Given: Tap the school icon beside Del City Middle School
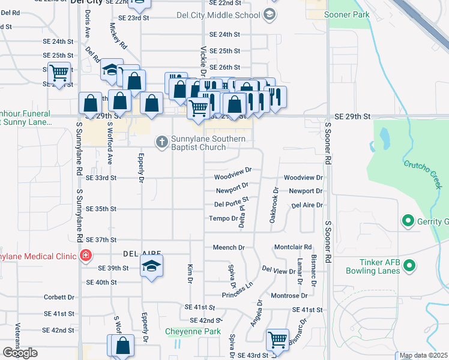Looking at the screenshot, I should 270,14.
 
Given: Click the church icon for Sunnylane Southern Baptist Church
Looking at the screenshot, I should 161,142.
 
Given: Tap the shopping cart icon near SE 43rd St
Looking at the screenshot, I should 277,340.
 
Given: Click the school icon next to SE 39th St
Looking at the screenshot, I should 152,266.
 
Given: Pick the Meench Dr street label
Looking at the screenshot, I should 229,247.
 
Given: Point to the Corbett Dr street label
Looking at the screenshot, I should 59,297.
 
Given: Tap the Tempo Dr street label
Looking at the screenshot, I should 223,218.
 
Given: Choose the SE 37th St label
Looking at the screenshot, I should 100,240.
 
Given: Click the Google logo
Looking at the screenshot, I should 20,353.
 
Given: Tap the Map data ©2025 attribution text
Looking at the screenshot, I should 423,356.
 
